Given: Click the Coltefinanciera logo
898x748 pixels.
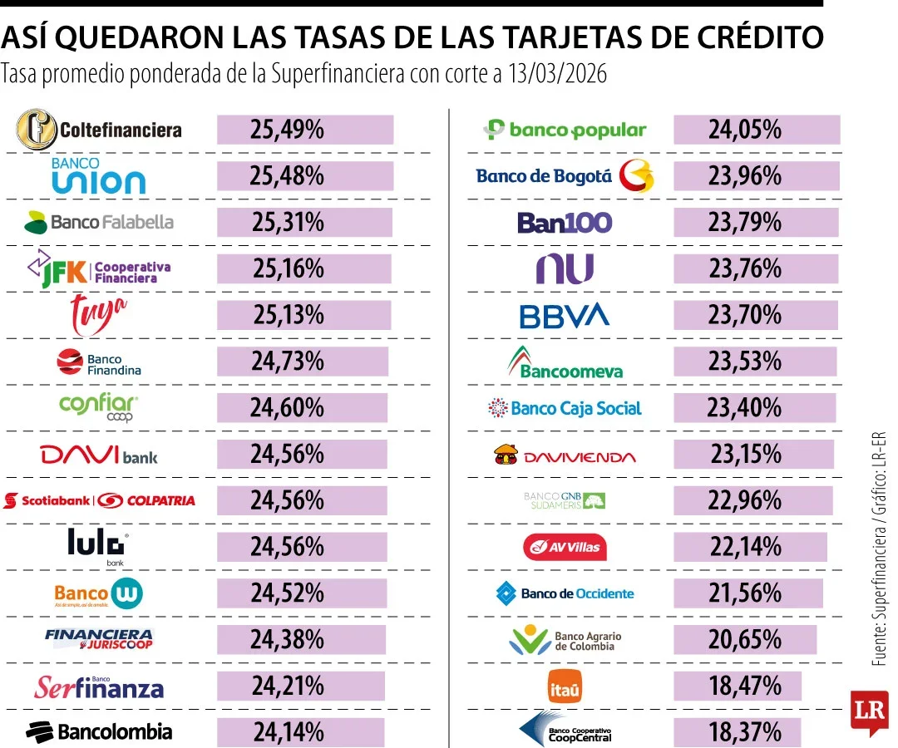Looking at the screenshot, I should pyautogui.click(x=99, y=130).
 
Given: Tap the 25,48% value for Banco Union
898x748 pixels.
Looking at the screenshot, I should pyautogui.click(x=287, y=176).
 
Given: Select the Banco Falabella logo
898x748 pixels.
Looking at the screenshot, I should pyautogui.click(x=99, y=222).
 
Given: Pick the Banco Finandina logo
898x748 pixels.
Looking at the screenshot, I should pyautogui.click(x=99, y=362).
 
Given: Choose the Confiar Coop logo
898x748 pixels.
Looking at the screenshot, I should pyautogui.click(x=99, y=408).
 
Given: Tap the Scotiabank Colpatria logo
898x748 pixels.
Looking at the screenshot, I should pyautogui.click(x=99, y=500).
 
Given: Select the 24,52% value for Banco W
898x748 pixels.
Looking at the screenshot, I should pyautogui.click(x=287, y=593).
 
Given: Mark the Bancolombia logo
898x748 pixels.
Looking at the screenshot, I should pyautogui.click(x=99, y=731).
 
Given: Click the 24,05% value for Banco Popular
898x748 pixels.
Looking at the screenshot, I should pyautogui.click(x=744, y=130).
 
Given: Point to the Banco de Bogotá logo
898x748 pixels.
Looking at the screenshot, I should pyautogui.click(x=565, y=176).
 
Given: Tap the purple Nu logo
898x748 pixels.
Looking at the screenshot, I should pyautogui.click(x=565, y=269).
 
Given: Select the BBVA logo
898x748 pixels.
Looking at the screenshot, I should pyautogui.click(x=565, y=316).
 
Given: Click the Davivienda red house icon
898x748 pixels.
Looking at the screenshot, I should pyautogui.click(x=505, y=454).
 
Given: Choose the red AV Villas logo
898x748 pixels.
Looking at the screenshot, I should pyautogui.click(x=565, y=547).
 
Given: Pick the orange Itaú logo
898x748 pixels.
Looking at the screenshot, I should pyautogui.click(x=565, y=687).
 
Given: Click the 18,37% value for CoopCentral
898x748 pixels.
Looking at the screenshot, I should pyautogui.click(x=744, y=732).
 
